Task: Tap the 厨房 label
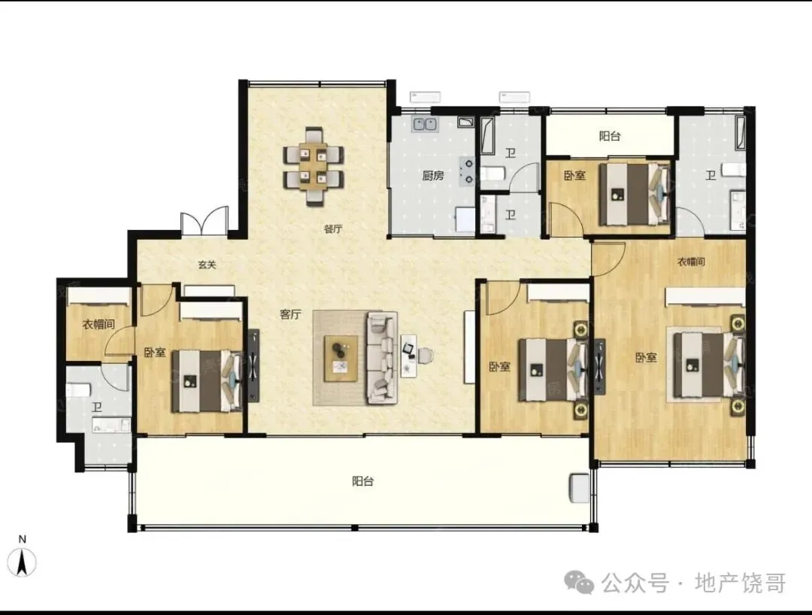pos(433,175)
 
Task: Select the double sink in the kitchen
pos(425,125)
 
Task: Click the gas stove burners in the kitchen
pos(468,171)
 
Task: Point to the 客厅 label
pos(290,314)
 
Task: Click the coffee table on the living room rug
pos(341,358)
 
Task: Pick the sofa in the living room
pos(382,357)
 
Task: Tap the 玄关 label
pos(208,265)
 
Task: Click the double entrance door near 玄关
pos(205,222)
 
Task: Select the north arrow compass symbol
pos(23,562)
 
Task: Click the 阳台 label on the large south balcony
pos(363,481)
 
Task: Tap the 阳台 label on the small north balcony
pos(610,136)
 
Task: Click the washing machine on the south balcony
pos(579,487)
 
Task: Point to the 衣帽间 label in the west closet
pos(98,325)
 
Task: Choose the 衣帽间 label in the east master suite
pos(692,262)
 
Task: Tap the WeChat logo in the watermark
pos(579,582)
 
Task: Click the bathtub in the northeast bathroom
pos(740,133)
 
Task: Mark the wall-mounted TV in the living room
pos(253,365)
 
